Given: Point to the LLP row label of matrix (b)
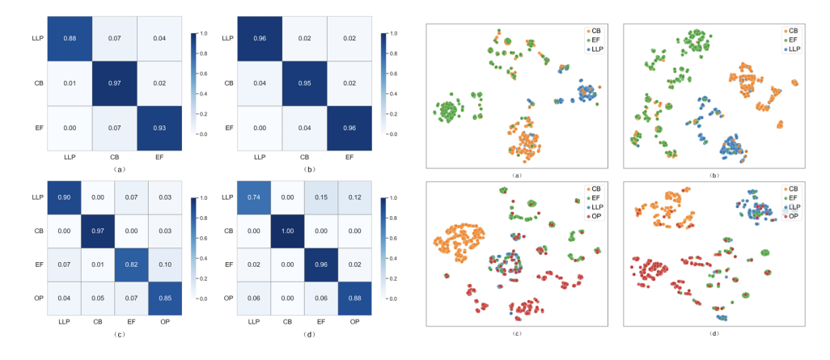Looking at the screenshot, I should (227, 39).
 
